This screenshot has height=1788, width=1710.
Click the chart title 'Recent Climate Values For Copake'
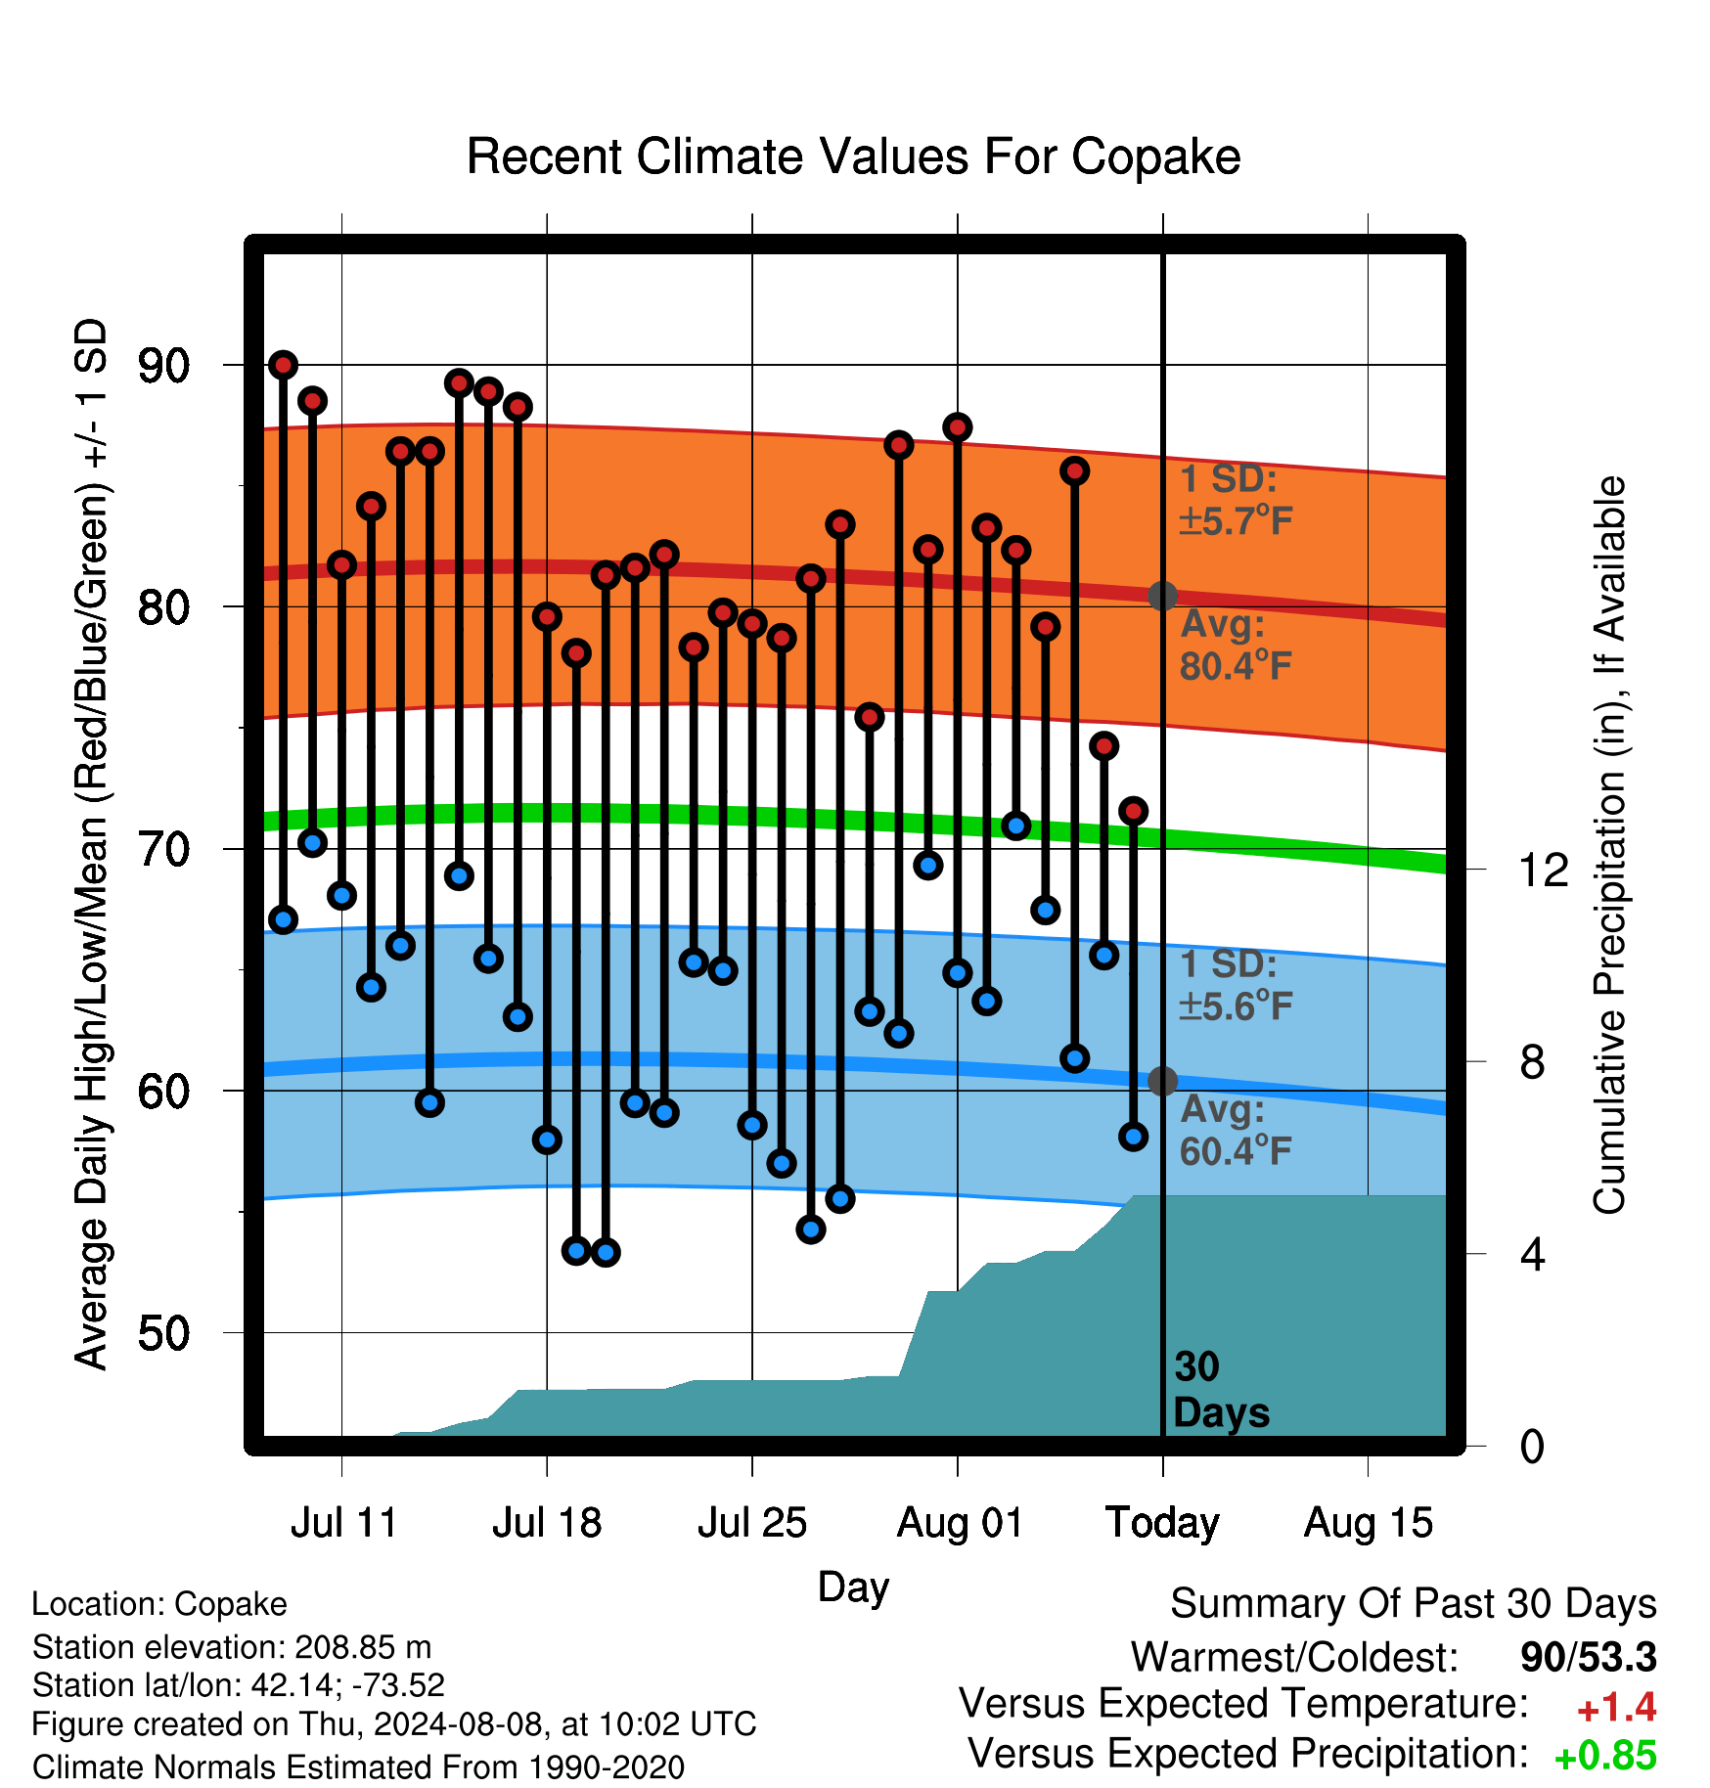click(853, 156)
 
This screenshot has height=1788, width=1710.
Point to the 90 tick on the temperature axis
click(163, 366)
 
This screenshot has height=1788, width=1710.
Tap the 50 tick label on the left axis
click(163, 1333)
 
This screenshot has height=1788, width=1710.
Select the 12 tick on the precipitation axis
click(1544, 870)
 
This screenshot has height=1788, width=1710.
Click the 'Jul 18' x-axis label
click(547, 1523)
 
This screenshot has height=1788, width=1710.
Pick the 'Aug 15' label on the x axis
click(1368, 1523)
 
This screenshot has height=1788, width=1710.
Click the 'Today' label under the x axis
click(1162, 1523)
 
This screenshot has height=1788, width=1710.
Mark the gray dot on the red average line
click(1162, 596)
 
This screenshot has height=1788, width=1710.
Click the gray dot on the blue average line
click(1162, 1081)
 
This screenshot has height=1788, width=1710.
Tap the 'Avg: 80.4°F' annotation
click(1236, 646)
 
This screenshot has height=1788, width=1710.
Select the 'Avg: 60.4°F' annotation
click(1236, 1131)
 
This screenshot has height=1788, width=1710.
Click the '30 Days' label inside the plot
click(1221, 1390)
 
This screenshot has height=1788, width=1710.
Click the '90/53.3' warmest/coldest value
click(1589, 1657)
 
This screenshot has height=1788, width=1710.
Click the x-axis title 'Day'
click(853, 1587)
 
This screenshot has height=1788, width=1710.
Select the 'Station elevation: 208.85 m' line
click(232, 1647)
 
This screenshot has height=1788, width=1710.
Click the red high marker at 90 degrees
click(284, 365)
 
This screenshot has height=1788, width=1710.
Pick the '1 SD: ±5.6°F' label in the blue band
click(1236, 985)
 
